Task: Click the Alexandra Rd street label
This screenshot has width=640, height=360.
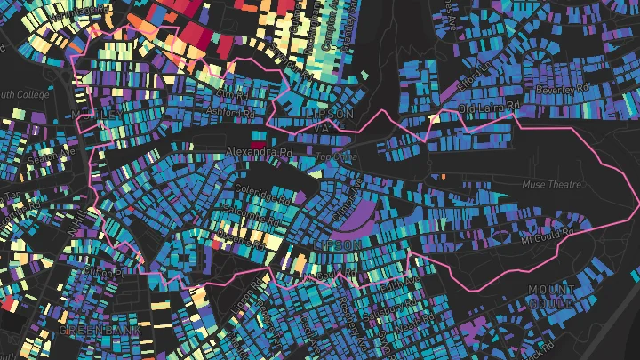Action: (259, 153)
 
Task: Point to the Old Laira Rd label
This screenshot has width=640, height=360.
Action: (487, 108)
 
